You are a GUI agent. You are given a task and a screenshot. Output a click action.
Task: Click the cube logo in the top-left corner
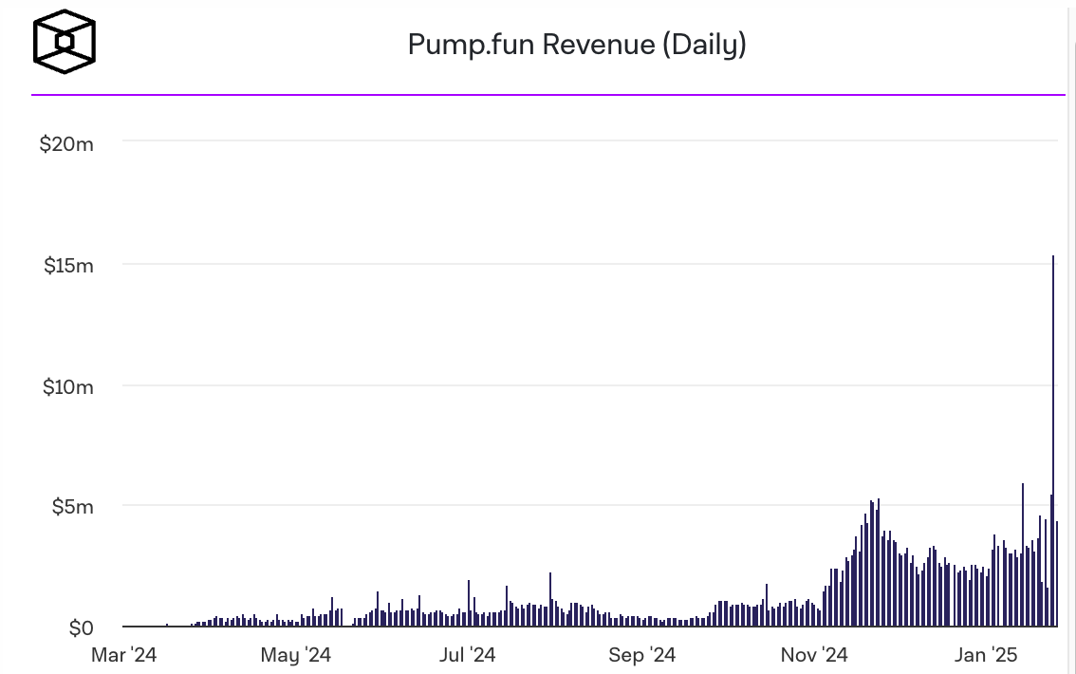65,42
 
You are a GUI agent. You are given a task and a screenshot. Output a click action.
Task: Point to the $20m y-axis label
66,144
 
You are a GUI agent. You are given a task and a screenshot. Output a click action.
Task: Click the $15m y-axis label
68,266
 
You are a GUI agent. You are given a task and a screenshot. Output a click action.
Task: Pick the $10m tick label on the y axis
67,386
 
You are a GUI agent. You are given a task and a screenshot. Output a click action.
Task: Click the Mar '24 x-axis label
123,655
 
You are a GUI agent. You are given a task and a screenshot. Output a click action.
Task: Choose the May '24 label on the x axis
295,655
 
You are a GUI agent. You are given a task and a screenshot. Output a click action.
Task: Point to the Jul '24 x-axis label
467,655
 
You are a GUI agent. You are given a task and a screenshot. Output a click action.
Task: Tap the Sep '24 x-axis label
641,655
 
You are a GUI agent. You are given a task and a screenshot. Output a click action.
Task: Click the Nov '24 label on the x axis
814,655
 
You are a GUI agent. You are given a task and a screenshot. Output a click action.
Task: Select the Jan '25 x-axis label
986,655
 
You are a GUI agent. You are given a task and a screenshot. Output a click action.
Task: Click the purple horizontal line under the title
547,95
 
